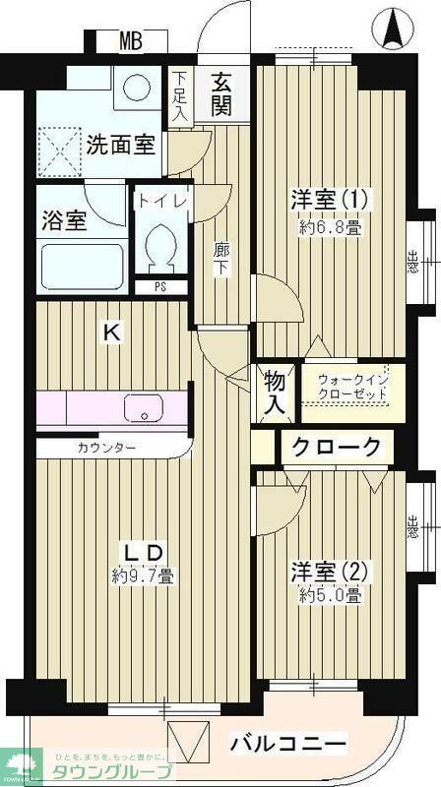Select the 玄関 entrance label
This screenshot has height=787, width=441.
[x=221, y=93]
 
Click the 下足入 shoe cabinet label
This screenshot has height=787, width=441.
[x=179, y=95]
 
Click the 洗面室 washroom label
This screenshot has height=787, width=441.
[x=119, y=146]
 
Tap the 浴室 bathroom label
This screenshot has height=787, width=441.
[x=64, y=219]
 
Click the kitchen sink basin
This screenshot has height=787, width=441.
[x=145, y=407]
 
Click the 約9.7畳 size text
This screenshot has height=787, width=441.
[x=143, y=576]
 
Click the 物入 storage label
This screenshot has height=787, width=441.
[x=274, y=391]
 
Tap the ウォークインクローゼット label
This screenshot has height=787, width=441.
[x=350, y=387]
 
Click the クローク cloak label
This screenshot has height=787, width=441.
[x=336, y=448]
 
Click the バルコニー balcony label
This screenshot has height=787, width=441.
[x=288, y=744]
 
